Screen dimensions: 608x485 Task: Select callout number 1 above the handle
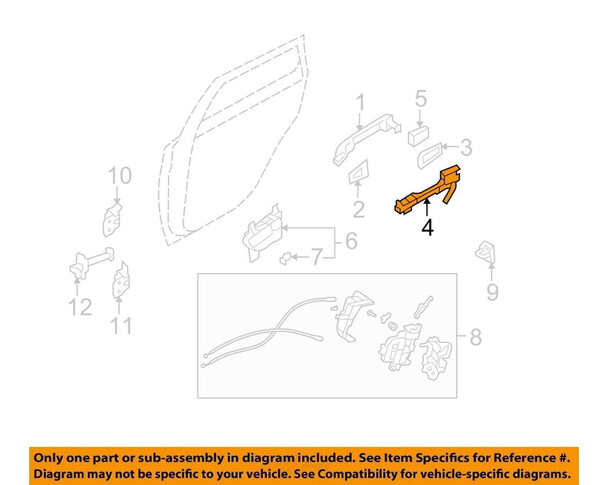pyautogui.click(x=361, y=103)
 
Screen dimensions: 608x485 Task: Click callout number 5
pyautogui.click(x=421, y=98)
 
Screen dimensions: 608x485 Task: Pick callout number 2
pyautogui.click(x=358, y=209)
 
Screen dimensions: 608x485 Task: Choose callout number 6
pyautogui.click(x=351, y=240)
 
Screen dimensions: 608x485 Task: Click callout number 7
pyautogui.click(x=318, y=257)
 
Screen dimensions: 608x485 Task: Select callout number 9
pyautogui.click(x=492, y=292)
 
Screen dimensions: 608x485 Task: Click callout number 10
pyautogui.click(x=120, y=175)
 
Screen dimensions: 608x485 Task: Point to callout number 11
pyautogui.click(x=122, y=326)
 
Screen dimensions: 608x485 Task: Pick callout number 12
pyautogui.click(x=80, y=307)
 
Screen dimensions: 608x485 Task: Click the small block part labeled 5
pyautogui.click(x=418, y=136)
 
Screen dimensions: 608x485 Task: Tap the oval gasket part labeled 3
pyautogui.click(x=430, y=155)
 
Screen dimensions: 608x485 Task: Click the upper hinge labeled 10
pyautogui.click(x=112, y=219)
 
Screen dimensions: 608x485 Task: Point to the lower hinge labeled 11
pyautogui.click(x=121, y=281)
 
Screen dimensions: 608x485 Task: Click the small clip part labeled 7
pyautogui.click(x=286, y=258)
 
